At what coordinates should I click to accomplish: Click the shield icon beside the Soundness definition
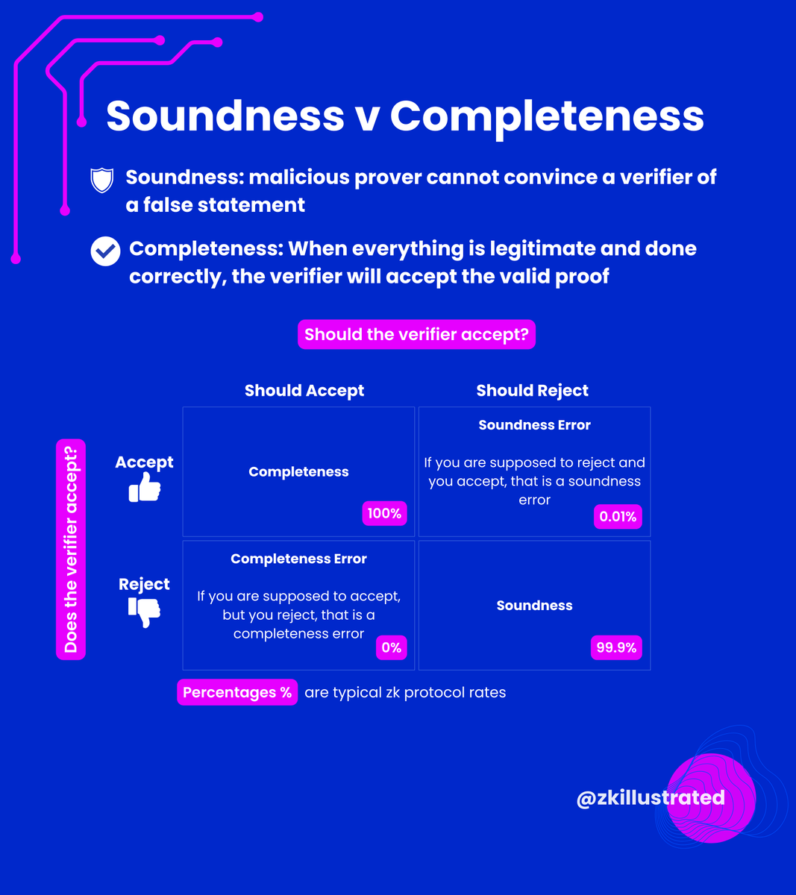pyautogui.click(x=101, y=180)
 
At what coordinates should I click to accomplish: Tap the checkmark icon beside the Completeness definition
pyautogui.click(x=105, y=251)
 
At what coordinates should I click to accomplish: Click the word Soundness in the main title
pyautogui.click(x=225, y=116)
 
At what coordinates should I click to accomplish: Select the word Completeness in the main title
pyautogui.click(x=547, y=116)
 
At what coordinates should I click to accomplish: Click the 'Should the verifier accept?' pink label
pyautogui.click(x=416, y=334)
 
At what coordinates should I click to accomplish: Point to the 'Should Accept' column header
pyautogui.click(x=304, y=390)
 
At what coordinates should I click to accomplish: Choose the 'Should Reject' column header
pyautogui.click(x=532, y=390)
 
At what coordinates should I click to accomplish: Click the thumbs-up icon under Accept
pyautogui.click(x=145, y=489)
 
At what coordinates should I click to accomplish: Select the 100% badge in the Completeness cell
pyautogui.click(x=384, y=513)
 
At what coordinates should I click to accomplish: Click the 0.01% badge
pyautogui.click(x=618, y=516)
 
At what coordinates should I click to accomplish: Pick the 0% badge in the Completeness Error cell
pyautogui.click(x=391, y=647)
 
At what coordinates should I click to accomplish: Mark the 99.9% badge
pyautogui.click(x=616, y=647)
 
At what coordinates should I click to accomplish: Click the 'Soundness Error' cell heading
pyautogui.click(x=534, y=425)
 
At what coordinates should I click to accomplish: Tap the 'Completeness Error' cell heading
pyautogui.click(x=298, y=559)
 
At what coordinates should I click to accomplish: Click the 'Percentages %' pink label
pyautogui.click(x=237, y=692)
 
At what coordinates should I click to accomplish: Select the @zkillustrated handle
pyautogui.click(x=651, y=797)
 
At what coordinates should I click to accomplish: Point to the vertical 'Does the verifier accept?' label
pyautogui.click(x=71, y=549)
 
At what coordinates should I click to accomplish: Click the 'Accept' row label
pyautogui.click(x=144, y=462)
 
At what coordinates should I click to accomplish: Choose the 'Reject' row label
pyautogui.click(x=144, y=584)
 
